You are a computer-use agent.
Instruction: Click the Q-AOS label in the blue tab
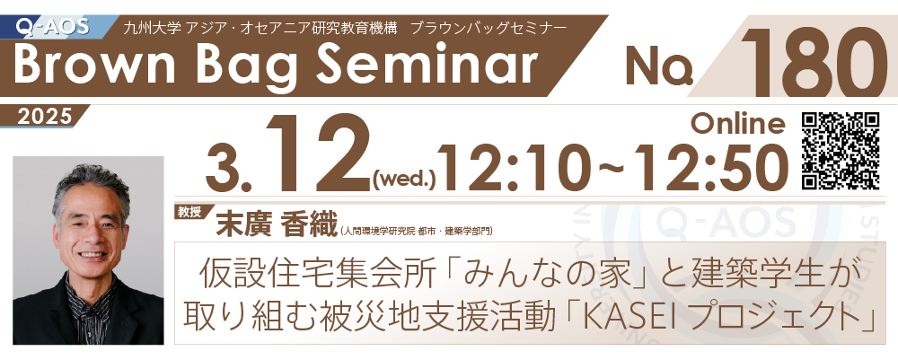[53, 27]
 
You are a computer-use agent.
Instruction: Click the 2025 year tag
[45, 116]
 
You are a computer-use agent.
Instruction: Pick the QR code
[841, 151]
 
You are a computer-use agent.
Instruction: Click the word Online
[738, 123]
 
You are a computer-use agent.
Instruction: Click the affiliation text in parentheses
[417, 232]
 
